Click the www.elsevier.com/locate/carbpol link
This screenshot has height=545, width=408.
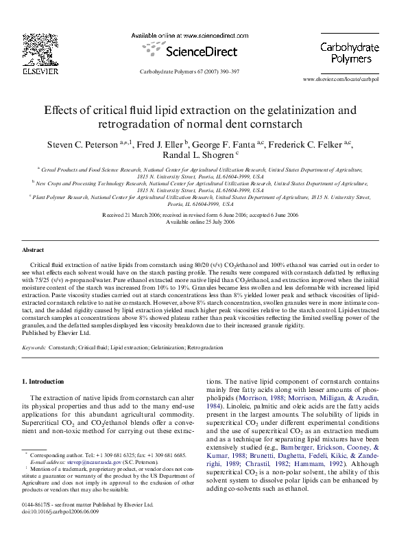click(x=341, y=80)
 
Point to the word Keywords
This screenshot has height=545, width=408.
click(x=34, y=349)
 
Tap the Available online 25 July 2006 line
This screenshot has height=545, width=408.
click(x=204, y=223)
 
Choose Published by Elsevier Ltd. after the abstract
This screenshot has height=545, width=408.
click(x=56, y=333)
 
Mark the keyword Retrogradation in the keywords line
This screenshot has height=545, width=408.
click(x=206, y=349)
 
